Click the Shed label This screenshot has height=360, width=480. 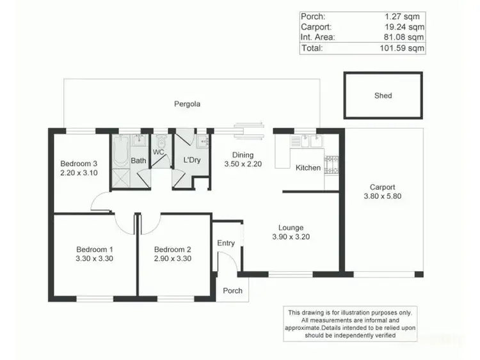tap(383, 96)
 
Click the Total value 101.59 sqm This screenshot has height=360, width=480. tap(404, 47)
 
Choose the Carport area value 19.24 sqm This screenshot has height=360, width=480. tap(404, 27)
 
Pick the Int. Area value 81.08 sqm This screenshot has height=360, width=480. tap(404, 37)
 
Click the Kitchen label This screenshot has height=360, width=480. tap(308, 168)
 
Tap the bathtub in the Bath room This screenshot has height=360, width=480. tap(120, 152)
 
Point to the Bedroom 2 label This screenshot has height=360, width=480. tap(173, 249)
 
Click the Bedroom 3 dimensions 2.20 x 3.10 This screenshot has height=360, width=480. tap(79, 172)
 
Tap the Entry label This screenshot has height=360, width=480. tap(226, 243)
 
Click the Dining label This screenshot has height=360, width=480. tap(243, 155)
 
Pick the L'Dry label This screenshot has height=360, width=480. tap(192, 160)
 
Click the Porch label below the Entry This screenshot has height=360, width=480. tap(232, 290)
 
